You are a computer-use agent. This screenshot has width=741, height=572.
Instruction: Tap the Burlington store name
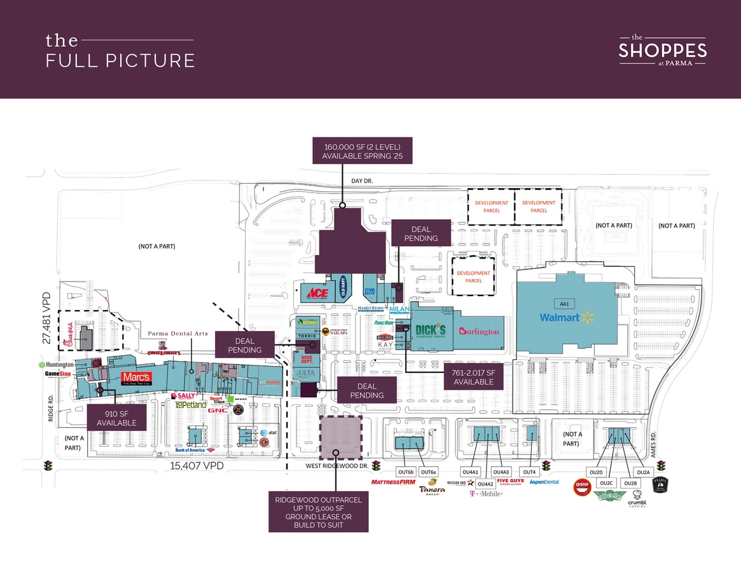click(x=478, y=331)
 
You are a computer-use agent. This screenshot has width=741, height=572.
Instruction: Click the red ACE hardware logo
click(x=317, y=293)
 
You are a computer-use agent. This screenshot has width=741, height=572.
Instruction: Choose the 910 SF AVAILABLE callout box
click(x=116, y=418)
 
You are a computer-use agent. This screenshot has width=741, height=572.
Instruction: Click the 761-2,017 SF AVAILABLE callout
click(x=473, y=377)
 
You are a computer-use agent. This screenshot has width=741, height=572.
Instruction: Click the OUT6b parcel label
click(x=406, y=472)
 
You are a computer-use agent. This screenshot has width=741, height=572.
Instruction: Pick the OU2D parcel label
click(x=596, y=472)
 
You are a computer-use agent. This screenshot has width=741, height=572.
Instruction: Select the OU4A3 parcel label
click(x=502, y=472)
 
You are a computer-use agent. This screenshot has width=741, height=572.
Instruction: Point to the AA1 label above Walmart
click(x=563, y=303)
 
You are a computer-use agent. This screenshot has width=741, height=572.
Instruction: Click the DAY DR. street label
click(x=362, y=181)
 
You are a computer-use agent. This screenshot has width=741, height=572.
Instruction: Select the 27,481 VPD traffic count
click(x=46, y=318)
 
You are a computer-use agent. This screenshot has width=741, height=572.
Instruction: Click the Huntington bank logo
click(x=57, y=365)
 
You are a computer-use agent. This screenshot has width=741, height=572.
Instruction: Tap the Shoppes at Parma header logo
click(x=662, y=49)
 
